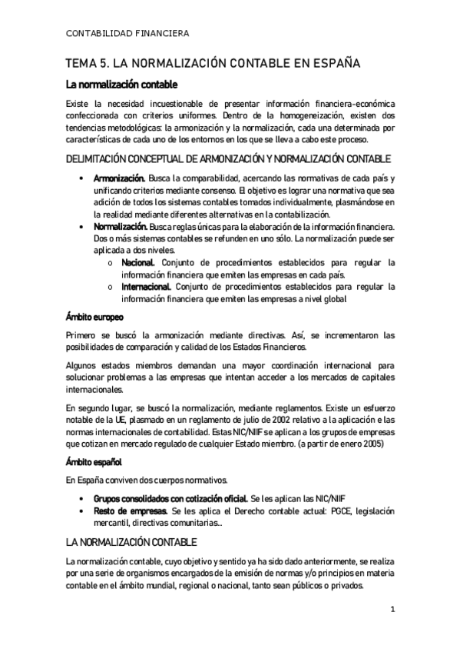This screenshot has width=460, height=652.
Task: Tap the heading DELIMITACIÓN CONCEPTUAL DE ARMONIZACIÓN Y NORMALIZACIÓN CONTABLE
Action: pos(229,159)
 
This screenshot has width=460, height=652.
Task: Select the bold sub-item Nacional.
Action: pos(139,263)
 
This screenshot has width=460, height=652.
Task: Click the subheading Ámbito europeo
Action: pos(94,317)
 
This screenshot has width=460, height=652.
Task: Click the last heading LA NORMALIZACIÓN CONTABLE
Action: pos(131,541)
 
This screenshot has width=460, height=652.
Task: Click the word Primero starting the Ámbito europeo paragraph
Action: pos(83,335)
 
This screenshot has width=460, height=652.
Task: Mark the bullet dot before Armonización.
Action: pos(81,179)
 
